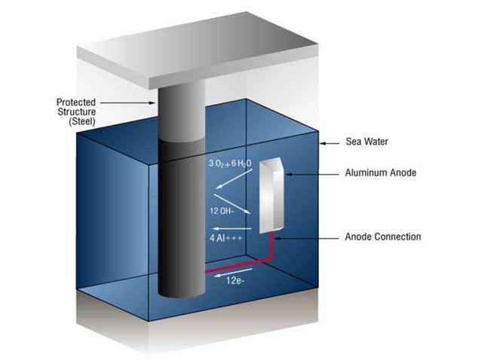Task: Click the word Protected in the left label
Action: click(76, 101)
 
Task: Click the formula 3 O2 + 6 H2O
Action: click(231, 163)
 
